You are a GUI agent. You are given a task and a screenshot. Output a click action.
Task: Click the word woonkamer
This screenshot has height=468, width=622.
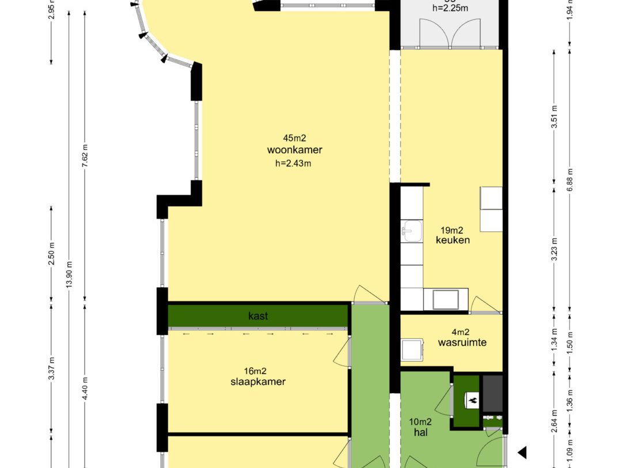pos(294,150)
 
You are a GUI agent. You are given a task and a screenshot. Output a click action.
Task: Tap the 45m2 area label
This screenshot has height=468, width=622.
pos(294,138)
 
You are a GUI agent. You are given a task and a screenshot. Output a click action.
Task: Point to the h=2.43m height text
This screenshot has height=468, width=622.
pos(294,163)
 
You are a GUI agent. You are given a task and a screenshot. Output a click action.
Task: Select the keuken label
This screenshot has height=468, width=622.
pos(453,240)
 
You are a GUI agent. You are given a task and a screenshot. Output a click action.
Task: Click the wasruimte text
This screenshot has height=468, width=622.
pos(462,343)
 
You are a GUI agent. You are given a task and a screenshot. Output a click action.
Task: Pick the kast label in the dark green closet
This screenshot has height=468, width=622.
pos(258,316)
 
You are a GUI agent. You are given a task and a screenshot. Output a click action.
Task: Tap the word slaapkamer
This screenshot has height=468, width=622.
pos(258,382)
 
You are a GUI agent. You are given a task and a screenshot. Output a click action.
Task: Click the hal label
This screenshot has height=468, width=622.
pos(420,432)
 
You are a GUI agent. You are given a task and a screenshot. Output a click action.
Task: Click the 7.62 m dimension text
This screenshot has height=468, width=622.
pos(85,155)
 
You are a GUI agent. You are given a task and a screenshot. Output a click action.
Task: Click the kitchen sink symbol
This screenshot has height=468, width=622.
pos(411,231)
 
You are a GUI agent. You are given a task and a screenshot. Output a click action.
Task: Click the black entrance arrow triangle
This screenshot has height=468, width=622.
pos(522,452)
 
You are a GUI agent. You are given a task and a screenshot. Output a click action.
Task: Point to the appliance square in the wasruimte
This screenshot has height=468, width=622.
pos(411,349)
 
